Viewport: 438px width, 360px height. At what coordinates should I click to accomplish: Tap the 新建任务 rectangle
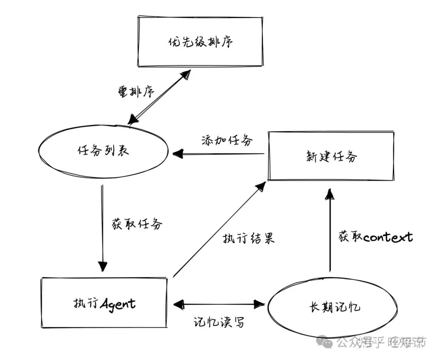pos(331,156)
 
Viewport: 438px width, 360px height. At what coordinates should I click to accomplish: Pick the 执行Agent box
pos(104,303)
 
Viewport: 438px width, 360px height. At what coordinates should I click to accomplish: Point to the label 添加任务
pos(227,140)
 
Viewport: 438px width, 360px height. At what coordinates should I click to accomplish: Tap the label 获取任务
pos(137,223)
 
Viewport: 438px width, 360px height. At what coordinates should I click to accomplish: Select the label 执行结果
pos(249,238)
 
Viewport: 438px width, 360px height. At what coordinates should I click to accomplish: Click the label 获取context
pos(376,237)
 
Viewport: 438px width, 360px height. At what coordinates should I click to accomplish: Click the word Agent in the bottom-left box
pos(118,304)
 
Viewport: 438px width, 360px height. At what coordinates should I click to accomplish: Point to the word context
pos(388,237)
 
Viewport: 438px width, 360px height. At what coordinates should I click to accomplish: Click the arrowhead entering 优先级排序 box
pos(186,74)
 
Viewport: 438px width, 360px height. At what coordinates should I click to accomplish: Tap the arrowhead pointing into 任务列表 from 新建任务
pos(177,153)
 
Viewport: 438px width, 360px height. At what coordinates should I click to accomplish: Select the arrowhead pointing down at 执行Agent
pos(103,266)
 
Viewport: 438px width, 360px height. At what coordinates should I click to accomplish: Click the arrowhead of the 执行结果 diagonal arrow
pos(261,186)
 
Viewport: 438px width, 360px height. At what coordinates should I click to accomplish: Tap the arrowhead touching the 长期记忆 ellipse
pos(260,303)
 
